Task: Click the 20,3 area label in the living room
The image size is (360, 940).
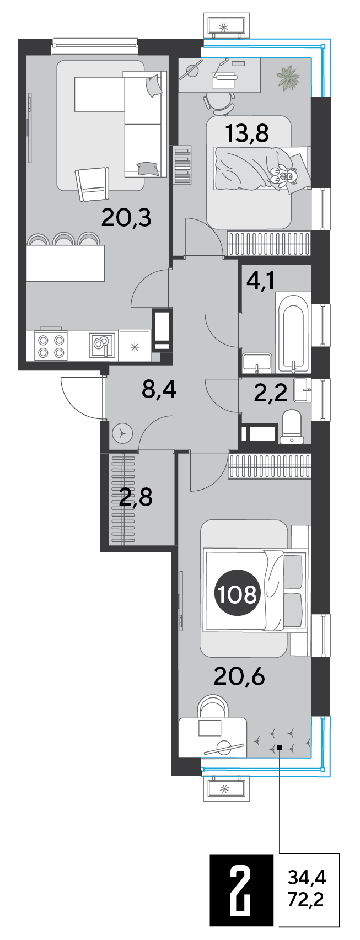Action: click(x=126, y=218)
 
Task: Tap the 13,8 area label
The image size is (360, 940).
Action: click(x=247, y=133)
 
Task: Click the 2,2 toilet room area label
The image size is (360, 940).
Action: click(x=271, y=393)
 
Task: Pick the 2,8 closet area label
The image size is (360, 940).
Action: click(x=136, y=497)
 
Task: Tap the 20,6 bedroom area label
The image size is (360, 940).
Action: click(x=239, y=675)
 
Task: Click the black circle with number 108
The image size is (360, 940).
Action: click(x=238, y=594)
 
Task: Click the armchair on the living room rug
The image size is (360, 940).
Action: click(x=92, y=184)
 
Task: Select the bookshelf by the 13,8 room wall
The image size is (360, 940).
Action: click(x=182, y=164)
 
